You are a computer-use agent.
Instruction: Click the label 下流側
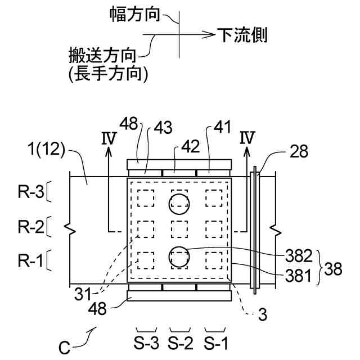pos(242,35)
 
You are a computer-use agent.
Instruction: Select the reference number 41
pos(222,129)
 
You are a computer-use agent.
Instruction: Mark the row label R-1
pos(29,261)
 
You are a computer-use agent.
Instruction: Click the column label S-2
pos(181,341)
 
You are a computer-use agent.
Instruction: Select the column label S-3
pos(146,341)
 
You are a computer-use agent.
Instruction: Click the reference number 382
pos(300,256)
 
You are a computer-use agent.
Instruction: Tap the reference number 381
pos(300,276)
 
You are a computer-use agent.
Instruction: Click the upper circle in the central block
pos(179,204)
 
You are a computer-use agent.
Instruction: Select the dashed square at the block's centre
pos(179,229)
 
